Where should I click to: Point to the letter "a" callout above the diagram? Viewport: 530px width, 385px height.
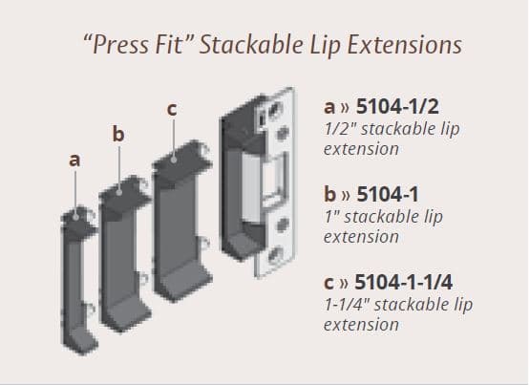pyautogui.click(x=74, y=161)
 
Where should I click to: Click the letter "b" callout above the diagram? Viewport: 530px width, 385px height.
pyautogui.click(x=117, y=135)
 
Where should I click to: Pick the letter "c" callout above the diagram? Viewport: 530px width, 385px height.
pyautogui.click(x=171, y=110)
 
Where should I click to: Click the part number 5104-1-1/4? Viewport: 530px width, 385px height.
pyautogui.click(x=405, y=284)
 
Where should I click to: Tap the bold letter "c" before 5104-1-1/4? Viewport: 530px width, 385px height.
pyautogui.click(x=330, y=284)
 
